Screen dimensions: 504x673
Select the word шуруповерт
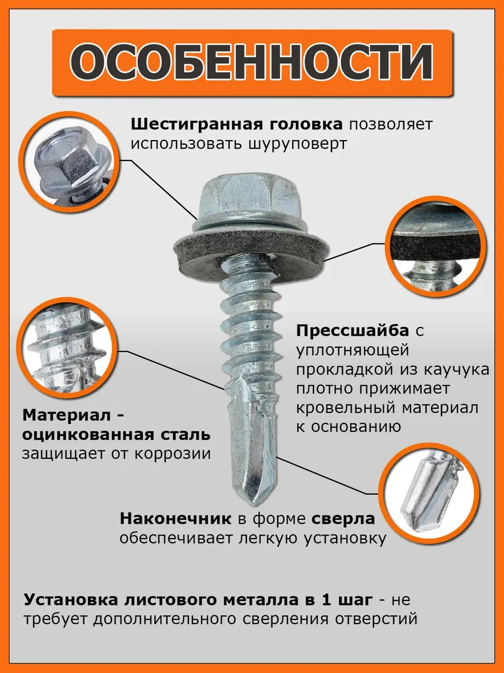(298, 144)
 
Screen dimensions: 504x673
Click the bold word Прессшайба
(352, 330)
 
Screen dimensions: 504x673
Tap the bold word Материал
(68, 416)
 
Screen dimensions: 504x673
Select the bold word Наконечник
(175, 518)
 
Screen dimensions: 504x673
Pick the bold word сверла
(343, 519)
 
